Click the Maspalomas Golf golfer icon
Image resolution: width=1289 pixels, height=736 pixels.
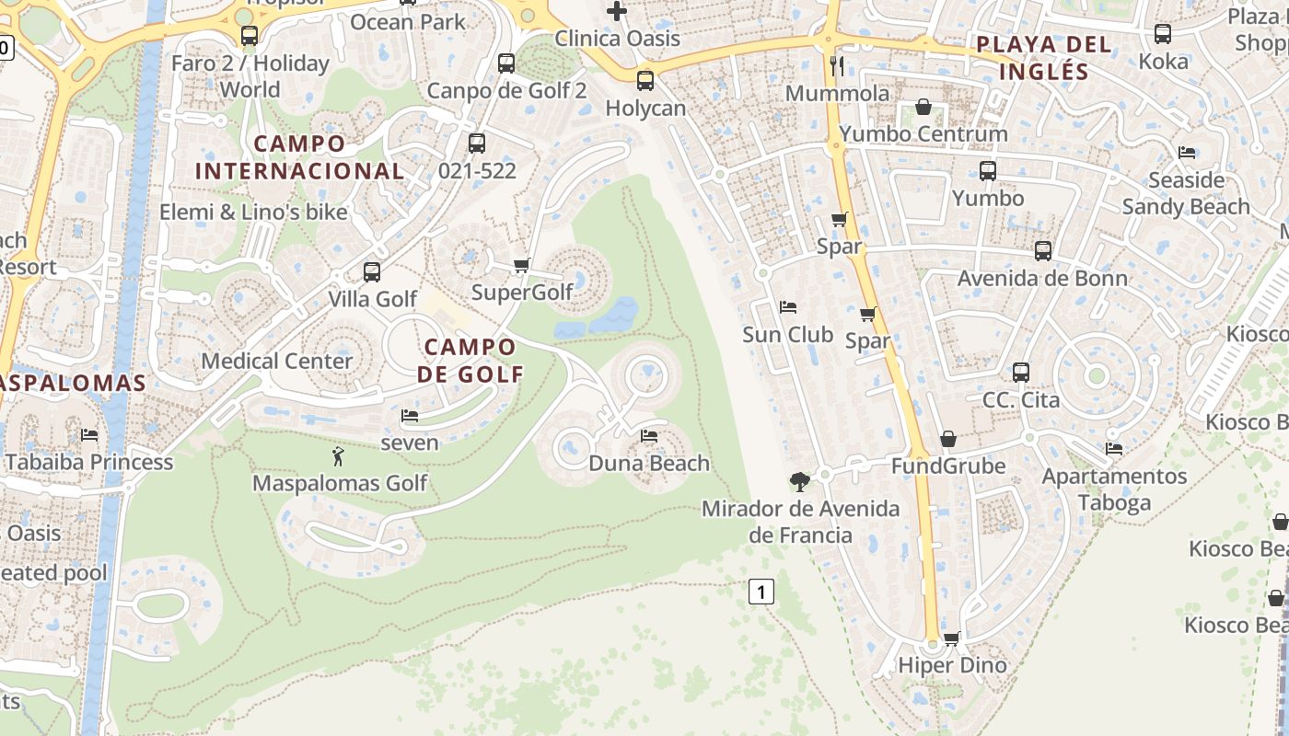click(338, 455)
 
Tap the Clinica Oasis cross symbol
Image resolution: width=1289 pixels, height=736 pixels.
click(617, 11)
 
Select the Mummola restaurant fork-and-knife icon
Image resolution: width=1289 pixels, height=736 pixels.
click(837, 65)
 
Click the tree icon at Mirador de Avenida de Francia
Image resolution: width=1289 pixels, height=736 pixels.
click(800, 480)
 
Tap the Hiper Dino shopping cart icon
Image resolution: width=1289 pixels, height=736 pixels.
click(952, 638)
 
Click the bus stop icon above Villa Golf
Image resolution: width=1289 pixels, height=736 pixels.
click(372, 272)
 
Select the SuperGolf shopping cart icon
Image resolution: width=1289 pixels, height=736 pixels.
click(521, 266)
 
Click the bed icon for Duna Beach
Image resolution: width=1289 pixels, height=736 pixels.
click(649, 436)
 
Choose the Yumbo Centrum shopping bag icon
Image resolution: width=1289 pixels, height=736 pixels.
click(923, 107)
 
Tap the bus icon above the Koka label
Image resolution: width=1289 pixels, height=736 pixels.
click(1163, 34)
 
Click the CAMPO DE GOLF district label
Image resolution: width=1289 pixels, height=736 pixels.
click(470, 361)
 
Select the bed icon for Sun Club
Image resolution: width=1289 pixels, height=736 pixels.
click(788, 307)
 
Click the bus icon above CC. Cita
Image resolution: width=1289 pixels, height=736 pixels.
click(1021, 373)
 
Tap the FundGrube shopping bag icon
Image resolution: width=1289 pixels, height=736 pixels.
click(948, 439)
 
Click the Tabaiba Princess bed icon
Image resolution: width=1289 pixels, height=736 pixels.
click(89, 434)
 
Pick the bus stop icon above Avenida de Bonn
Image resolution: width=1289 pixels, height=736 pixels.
click(1043, 251)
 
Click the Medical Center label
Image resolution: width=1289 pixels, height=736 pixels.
click(277, 361)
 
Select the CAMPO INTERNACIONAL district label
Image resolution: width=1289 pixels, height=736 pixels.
click(300, 157)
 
